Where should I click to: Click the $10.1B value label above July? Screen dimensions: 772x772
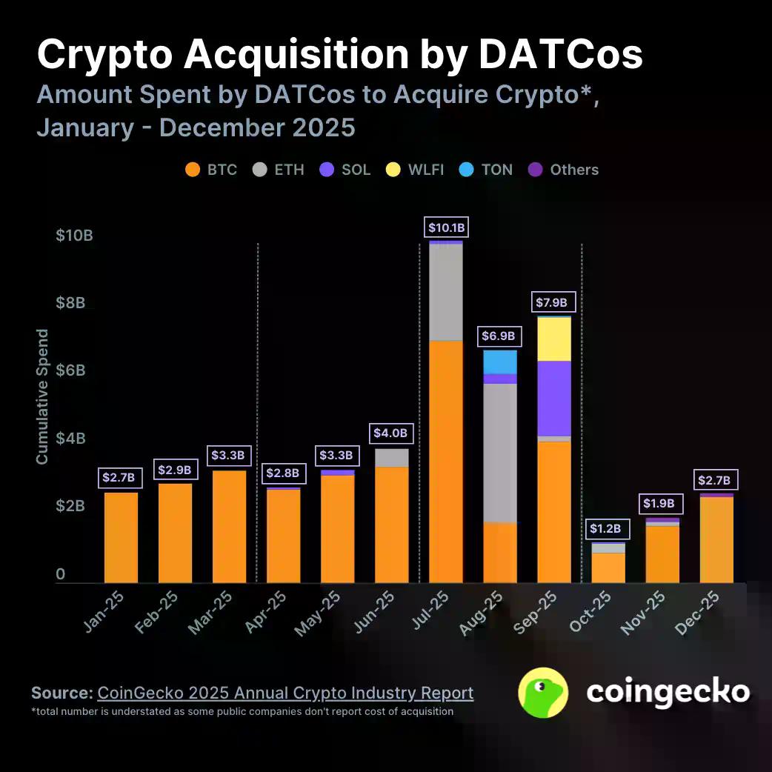click(445, 227)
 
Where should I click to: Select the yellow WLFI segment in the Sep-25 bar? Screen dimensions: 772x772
click(554, 339)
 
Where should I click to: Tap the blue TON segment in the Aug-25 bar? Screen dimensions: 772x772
click(500, 362)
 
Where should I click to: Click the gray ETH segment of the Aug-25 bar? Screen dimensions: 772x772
click(500, 453)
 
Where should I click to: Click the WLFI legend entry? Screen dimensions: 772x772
click(416, 170)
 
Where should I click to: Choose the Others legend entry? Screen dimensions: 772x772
click(563, 170)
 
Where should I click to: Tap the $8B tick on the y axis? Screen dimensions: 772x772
click(74, 304)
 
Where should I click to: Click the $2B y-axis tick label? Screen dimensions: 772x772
click(74, 506)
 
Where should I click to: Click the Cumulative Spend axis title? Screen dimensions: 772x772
click(42, 396)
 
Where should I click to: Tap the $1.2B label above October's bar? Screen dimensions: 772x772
click(608, 529)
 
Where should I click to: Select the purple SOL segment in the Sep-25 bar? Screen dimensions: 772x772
click(554, 398)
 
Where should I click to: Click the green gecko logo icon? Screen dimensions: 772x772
click(543, 693)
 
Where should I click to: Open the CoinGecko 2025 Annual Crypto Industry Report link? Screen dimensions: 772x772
click(285, 693)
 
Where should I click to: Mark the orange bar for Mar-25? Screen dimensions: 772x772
click(230, 526)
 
